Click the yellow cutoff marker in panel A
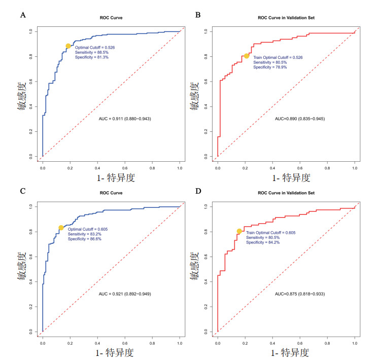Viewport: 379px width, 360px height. point(68,46)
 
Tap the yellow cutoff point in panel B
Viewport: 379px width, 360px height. point(247,56)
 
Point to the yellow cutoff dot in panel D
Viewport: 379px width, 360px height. point(239,231)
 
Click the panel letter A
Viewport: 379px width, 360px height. point(22,15)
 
